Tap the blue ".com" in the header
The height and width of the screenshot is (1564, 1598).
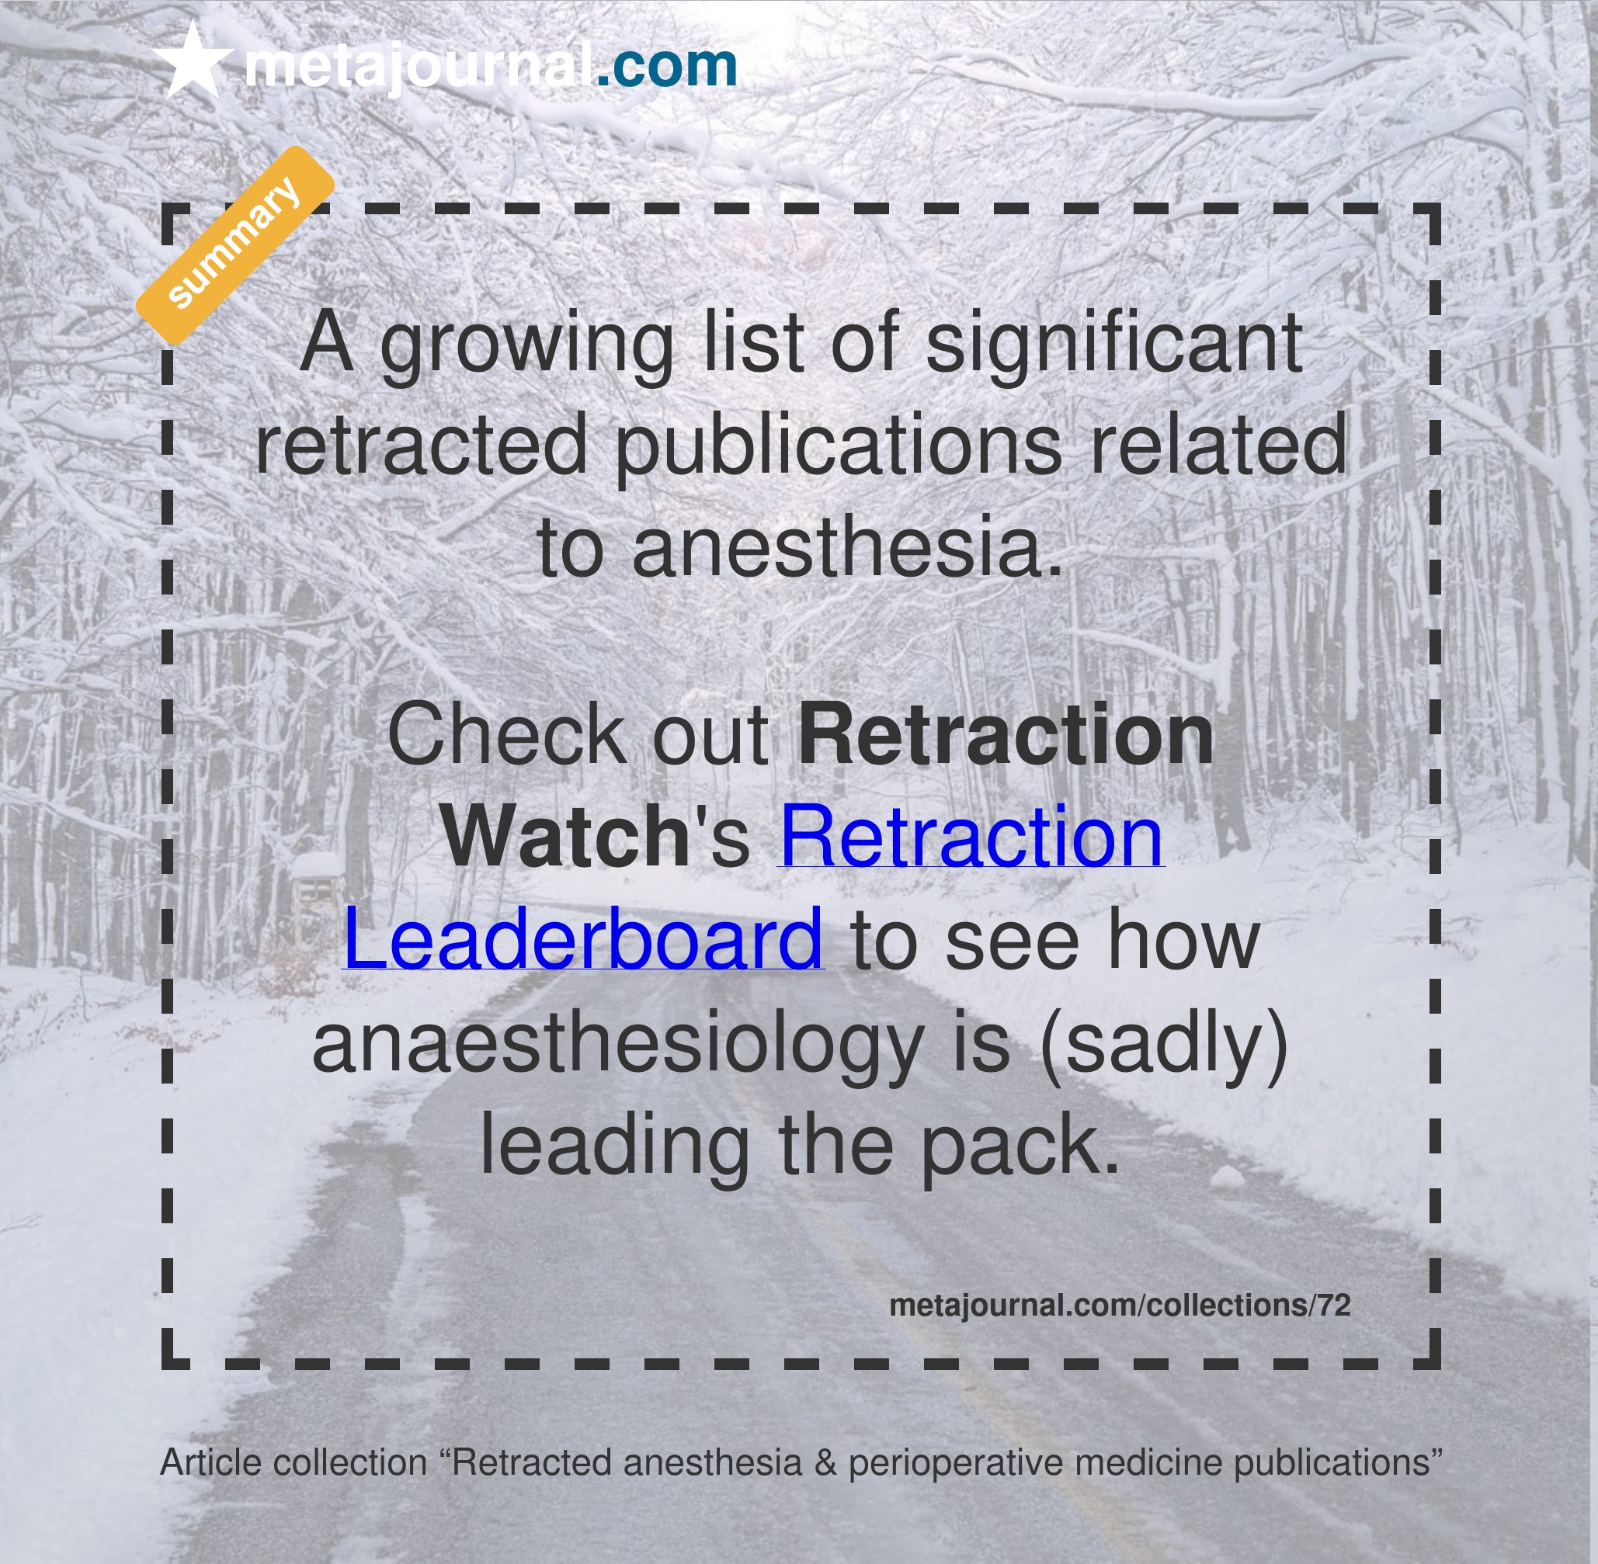[666, 66]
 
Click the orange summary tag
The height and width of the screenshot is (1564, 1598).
[235, 244]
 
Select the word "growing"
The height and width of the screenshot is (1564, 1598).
[526, 345]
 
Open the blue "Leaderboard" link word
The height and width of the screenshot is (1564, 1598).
[583, 939]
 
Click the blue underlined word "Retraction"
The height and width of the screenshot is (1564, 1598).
[971, 836]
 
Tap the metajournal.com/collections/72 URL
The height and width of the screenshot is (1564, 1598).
[1120, 1306]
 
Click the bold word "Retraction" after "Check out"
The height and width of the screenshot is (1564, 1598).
[1006, 735]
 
